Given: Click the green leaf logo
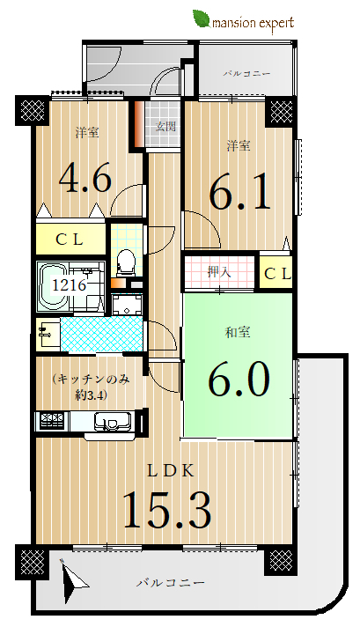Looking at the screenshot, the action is pyautogui.click(x=202, y=19).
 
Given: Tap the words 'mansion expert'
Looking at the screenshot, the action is pyautogui.click(x=253, y=23).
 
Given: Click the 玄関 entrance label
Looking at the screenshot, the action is pyautogui.click(x=165, y=127).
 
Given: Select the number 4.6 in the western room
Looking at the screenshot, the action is pyautogui.click(x=85, y=179).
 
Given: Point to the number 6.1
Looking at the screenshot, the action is pyautogui.click(x=239, y=193).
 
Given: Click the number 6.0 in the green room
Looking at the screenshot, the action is pyautogui.click(x=239, y=379).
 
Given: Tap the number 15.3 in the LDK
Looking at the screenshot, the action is pyautogui.click(x=167, y=511).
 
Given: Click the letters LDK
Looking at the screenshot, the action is pyautogui.click(x=171, y=471).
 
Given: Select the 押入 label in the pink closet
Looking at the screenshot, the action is pyautogui.click(x=219, y=272).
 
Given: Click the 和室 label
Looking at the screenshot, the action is pyautogui.click(x=238, y=332).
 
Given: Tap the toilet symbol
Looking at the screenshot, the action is pyautogui.click(x=126, y=262).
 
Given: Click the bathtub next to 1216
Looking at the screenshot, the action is pyautogui.click(x=52, y=287).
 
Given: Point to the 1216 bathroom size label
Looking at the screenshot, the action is pyautogui.click(x=70, y=285).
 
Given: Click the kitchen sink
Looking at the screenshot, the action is pyautogui.click(x=113, y=421).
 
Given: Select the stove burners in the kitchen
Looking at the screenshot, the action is pyautogui.click(x=52, y=421).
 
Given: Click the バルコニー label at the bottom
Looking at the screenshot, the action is pyautogui.click(x=171, y=583).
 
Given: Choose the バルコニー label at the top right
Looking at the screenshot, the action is pyautogui.click(x=247, y=74).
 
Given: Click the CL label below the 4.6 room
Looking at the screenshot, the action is pyautogui.click(x=70, y=240).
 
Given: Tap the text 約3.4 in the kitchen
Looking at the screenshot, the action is pyautogui.click(x=91, y=395).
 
